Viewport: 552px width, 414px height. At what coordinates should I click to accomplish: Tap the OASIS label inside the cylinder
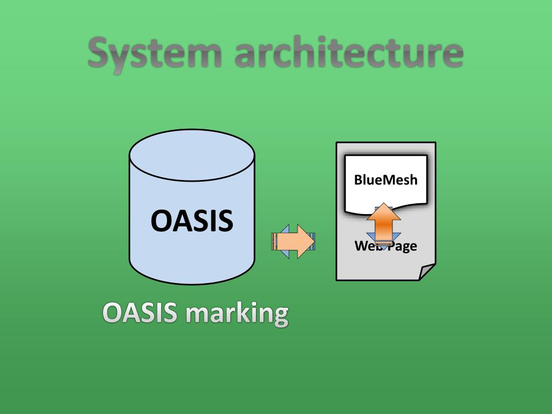click(x=191, y=221)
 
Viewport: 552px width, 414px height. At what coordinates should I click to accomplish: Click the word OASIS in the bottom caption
click(x=140, y=313)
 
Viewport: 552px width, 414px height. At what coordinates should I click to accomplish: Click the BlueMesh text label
click(x=385, y=180)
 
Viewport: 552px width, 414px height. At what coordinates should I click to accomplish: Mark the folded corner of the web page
click(x=427, y=272)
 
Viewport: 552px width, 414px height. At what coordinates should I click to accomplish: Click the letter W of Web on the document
click(x=360, y=246)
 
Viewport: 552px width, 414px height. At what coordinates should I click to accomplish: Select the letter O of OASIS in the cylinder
click(x=160, y=221)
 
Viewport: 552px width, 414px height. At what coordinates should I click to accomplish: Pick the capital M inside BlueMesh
click(x=388, y=180)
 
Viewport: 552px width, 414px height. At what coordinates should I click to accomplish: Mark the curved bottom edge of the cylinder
click(x=191, y=281)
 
